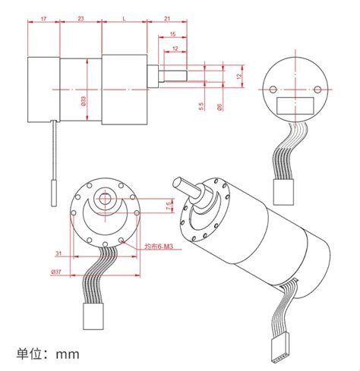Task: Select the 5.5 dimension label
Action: [x=201, y=107]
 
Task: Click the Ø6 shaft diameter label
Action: [x=219, y=107]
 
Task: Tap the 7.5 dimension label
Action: [x=167, y=207]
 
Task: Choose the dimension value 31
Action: [x=58, y=254]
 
